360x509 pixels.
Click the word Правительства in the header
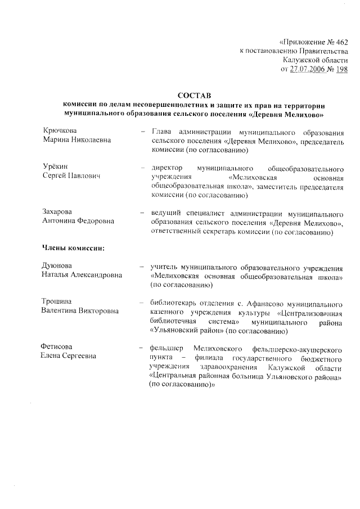[x=323, y=51]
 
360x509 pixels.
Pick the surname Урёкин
[x=57, y=168]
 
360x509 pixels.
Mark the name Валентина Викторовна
[x=80, y=311]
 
